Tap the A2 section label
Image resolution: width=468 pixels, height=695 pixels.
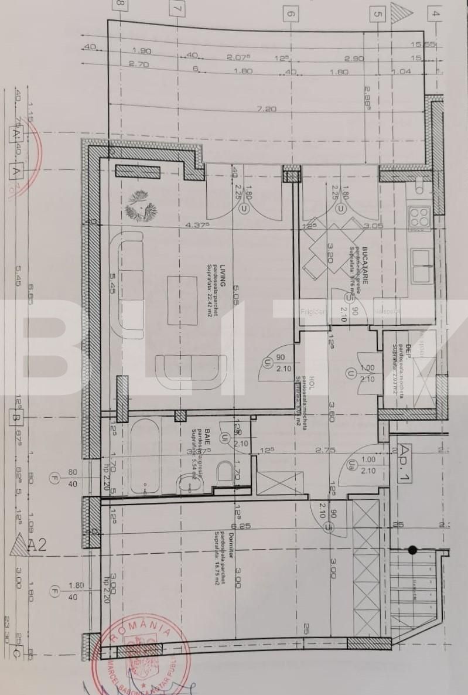tap(37, 546)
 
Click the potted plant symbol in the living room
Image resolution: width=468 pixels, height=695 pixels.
tap(140, 206)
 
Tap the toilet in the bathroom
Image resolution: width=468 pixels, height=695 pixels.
tap(225, 473)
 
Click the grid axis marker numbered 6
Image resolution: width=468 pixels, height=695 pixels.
tap(291, 12)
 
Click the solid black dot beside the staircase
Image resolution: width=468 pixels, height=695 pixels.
tap(412, 550)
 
